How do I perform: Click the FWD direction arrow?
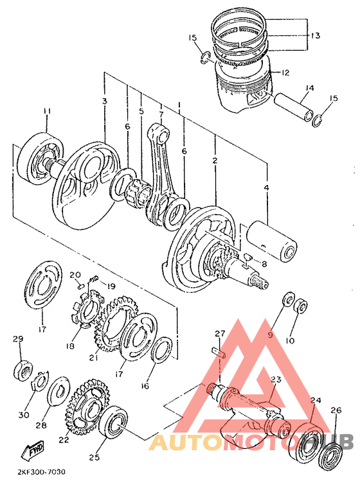click(x=33, y=448)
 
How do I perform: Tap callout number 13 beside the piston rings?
click(x=315, y=35)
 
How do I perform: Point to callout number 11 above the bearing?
click(x=46, y=111)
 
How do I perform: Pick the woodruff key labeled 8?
click(x=248, y=256)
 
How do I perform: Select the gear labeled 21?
click(x=118, y=324)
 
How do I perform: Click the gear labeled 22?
click(x=87, y=407)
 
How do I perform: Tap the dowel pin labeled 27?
click(x=219, y=353)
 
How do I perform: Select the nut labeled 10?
click(x=300, y=305)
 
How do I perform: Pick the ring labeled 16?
click(x=161, y=350)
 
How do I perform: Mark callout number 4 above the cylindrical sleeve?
click(x=266, y=187)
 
